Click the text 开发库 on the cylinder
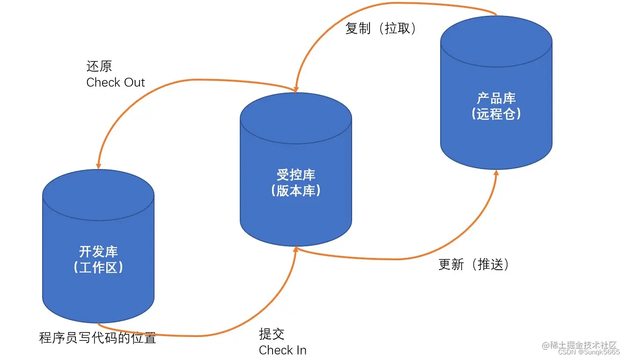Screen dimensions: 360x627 [98, 251]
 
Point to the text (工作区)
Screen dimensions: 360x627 [98, 267]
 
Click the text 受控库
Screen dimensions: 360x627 [295, 175]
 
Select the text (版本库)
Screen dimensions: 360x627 [295, 191]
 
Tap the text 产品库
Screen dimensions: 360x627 [496, 98]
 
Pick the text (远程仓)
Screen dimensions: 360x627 [496, 114]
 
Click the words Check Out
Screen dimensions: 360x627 [116, 83]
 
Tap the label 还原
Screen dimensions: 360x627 [99, 66]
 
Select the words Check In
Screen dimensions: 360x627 [282, 350]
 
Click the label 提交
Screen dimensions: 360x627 [272, 334]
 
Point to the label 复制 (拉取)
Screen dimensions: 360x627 [381, 29]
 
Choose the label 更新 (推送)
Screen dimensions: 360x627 [473, 264]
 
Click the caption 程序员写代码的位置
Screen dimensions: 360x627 [97, 338]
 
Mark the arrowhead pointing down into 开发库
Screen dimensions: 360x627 [98, 165]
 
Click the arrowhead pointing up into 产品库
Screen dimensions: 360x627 [496, 173]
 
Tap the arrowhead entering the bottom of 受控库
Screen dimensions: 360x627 [295, 250]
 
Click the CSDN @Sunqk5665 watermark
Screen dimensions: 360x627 [589, 352]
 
